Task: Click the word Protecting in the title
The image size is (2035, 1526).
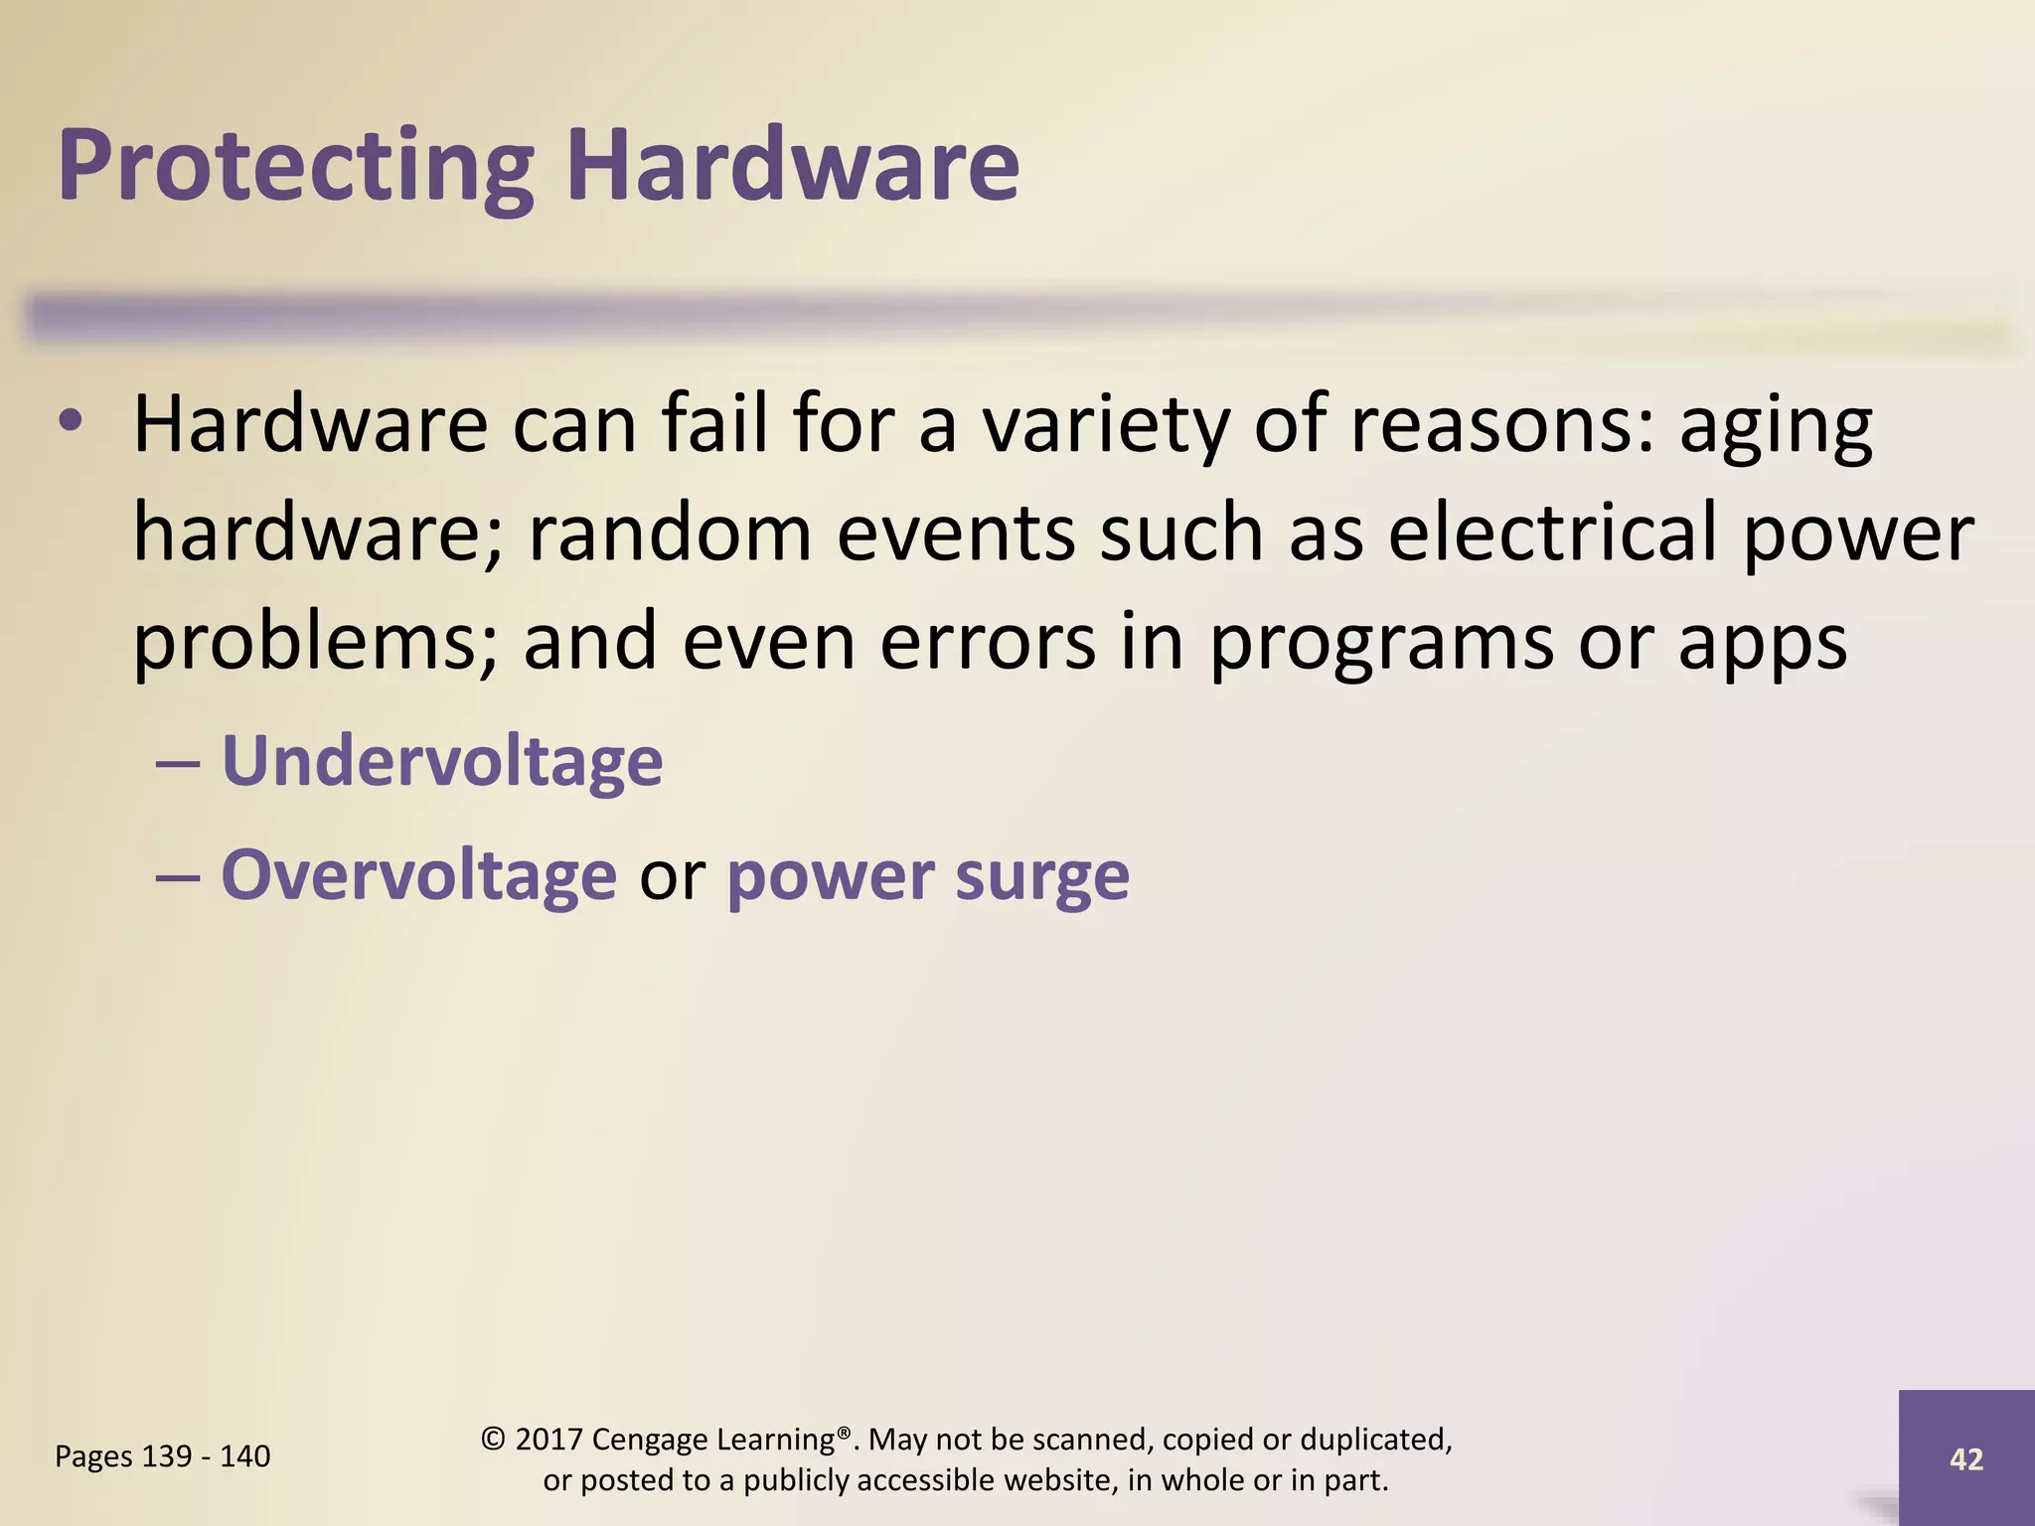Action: tap(296, 166)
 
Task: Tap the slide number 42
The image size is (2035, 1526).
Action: tap(1966, 1458)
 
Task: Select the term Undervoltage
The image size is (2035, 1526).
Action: tap(442, 761)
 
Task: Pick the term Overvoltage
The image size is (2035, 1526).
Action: tap(418, 875)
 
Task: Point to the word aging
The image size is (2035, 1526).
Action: tap(1776, 425)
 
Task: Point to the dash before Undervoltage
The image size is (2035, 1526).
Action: tap(179, 763)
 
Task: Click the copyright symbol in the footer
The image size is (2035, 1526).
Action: tap(493, 1439)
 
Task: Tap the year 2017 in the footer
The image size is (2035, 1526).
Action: tap(548, 1439)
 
